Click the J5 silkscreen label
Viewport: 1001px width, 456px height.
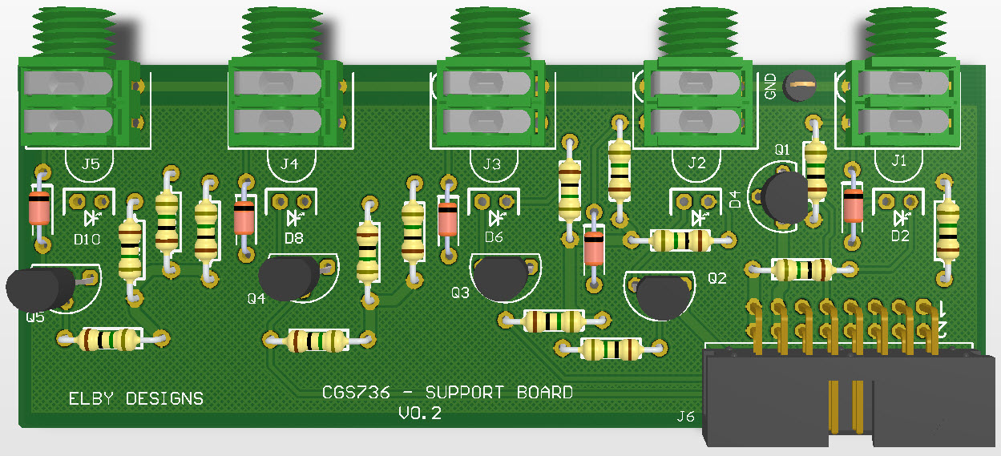click(91, 164)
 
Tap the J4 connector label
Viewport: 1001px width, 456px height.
click(289, 164)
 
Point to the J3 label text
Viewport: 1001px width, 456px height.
click(492, 164)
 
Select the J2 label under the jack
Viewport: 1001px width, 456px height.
click(696, 163)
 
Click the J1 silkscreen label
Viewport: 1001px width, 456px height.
click(898, 160)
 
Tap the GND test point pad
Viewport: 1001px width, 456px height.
click(800, 85)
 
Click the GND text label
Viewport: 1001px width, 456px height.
click(770, 87)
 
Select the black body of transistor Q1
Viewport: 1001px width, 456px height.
click(785, 196)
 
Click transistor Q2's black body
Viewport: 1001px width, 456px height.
click(663, 297)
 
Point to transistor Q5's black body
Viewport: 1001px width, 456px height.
click(40, 289)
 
